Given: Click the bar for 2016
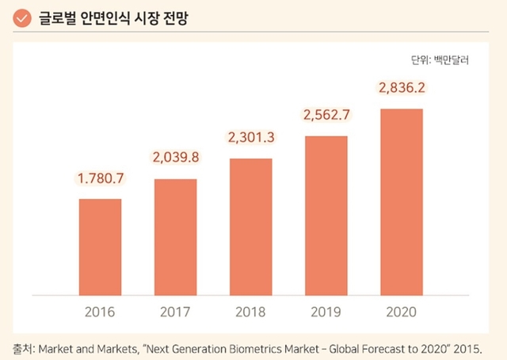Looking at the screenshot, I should [100, 247].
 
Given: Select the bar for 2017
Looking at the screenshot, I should [175, 237].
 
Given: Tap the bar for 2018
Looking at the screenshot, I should [250, 227].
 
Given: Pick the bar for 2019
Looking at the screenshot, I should [326, 216].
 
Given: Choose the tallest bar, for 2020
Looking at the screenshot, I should [402, 202].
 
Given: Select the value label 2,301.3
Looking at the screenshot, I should [250, 138].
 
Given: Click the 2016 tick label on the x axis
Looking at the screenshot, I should [100, 311].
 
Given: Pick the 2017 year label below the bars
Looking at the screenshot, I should [175, 311].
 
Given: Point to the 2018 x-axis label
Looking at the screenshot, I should [250, 311].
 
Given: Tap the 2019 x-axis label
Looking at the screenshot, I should [326, 311].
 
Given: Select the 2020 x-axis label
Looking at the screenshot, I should [402, 311].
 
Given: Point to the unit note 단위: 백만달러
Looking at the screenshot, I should [440, 60].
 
